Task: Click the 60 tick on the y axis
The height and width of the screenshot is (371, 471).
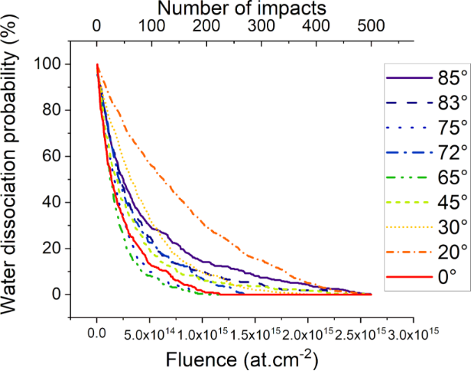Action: (52, 156)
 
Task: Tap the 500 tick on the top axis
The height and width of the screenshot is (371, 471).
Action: (370, 24)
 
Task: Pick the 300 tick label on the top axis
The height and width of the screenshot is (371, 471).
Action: (261, 24)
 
